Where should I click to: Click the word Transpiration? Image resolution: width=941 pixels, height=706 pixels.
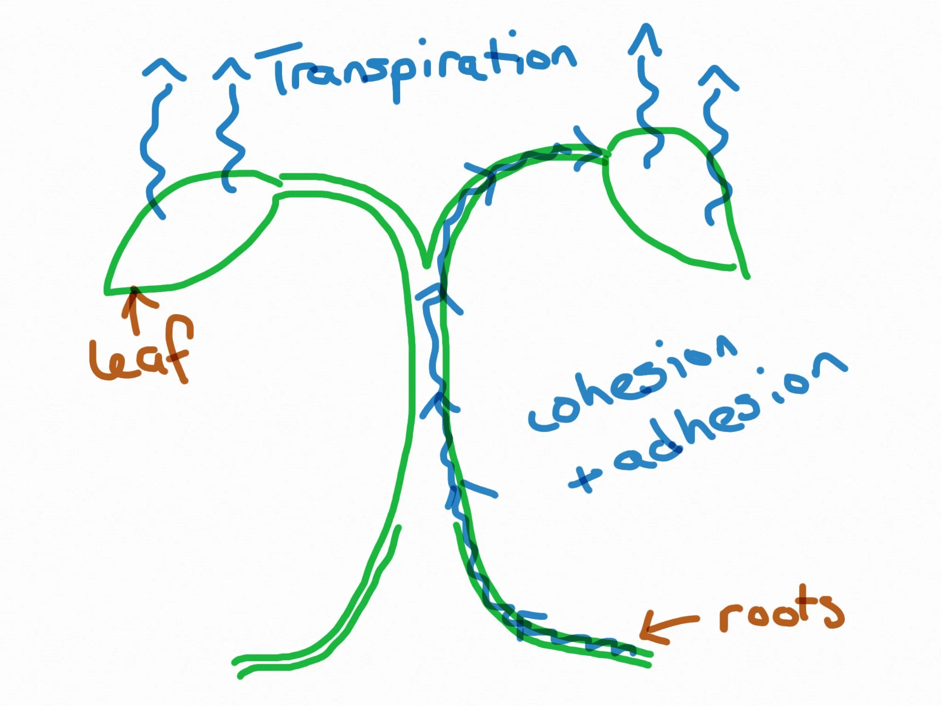[x=423, y=69]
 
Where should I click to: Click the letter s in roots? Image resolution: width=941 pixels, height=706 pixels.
[x=832, y=611]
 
